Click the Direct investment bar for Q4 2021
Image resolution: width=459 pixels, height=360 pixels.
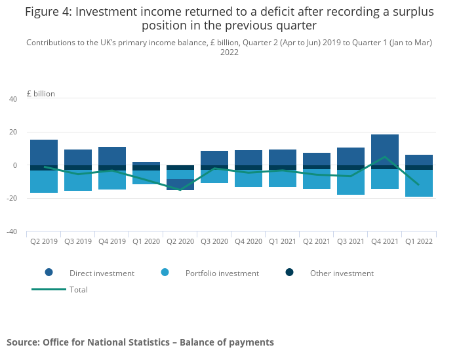(x=385, y=150)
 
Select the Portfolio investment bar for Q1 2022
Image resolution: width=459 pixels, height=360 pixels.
(x=419, y=183)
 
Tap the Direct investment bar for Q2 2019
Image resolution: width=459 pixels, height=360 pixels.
(x=44, y=153)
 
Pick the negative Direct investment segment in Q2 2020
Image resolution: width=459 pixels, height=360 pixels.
(x=180, y=184)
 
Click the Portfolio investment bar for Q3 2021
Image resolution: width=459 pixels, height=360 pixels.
(x=351, y=182)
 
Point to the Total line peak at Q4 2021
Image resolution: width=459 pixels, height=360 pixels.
(x=385, y=157)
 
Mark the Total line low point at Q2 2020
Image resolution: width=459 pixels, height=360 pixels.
(x=180, y=190)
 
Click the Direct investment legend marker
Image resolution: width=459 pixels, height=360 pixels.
(x=49, y=273)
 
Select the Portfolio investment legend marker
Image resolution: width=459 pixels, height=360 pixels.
(x=165, y=273)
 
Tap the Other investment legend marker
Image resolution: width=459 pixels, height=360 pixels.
(x=290, y=273)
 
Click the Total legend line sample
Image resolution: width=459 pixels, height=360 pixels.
(x=49, y=289)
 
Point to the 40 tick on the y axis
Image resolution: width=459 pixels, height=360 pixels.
(x=13, y=99)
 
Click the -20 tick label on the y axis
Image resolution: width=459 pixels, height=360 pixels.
(x=12, y=198)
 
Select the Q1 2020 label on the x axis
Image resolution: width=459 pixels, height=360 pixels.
(x=146, y=241)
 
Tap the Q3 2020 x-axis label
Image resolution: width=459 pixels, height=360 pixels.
(x=214, y=241)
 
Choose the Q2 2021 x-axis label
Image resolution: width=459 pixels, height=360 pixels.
(x=317, y=241)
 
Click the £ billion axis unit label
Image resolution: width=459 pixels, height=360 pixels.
(x=41, y=94)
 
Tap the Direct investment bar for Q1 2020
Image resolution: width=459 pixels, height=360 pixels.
(x=146, y=164)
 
